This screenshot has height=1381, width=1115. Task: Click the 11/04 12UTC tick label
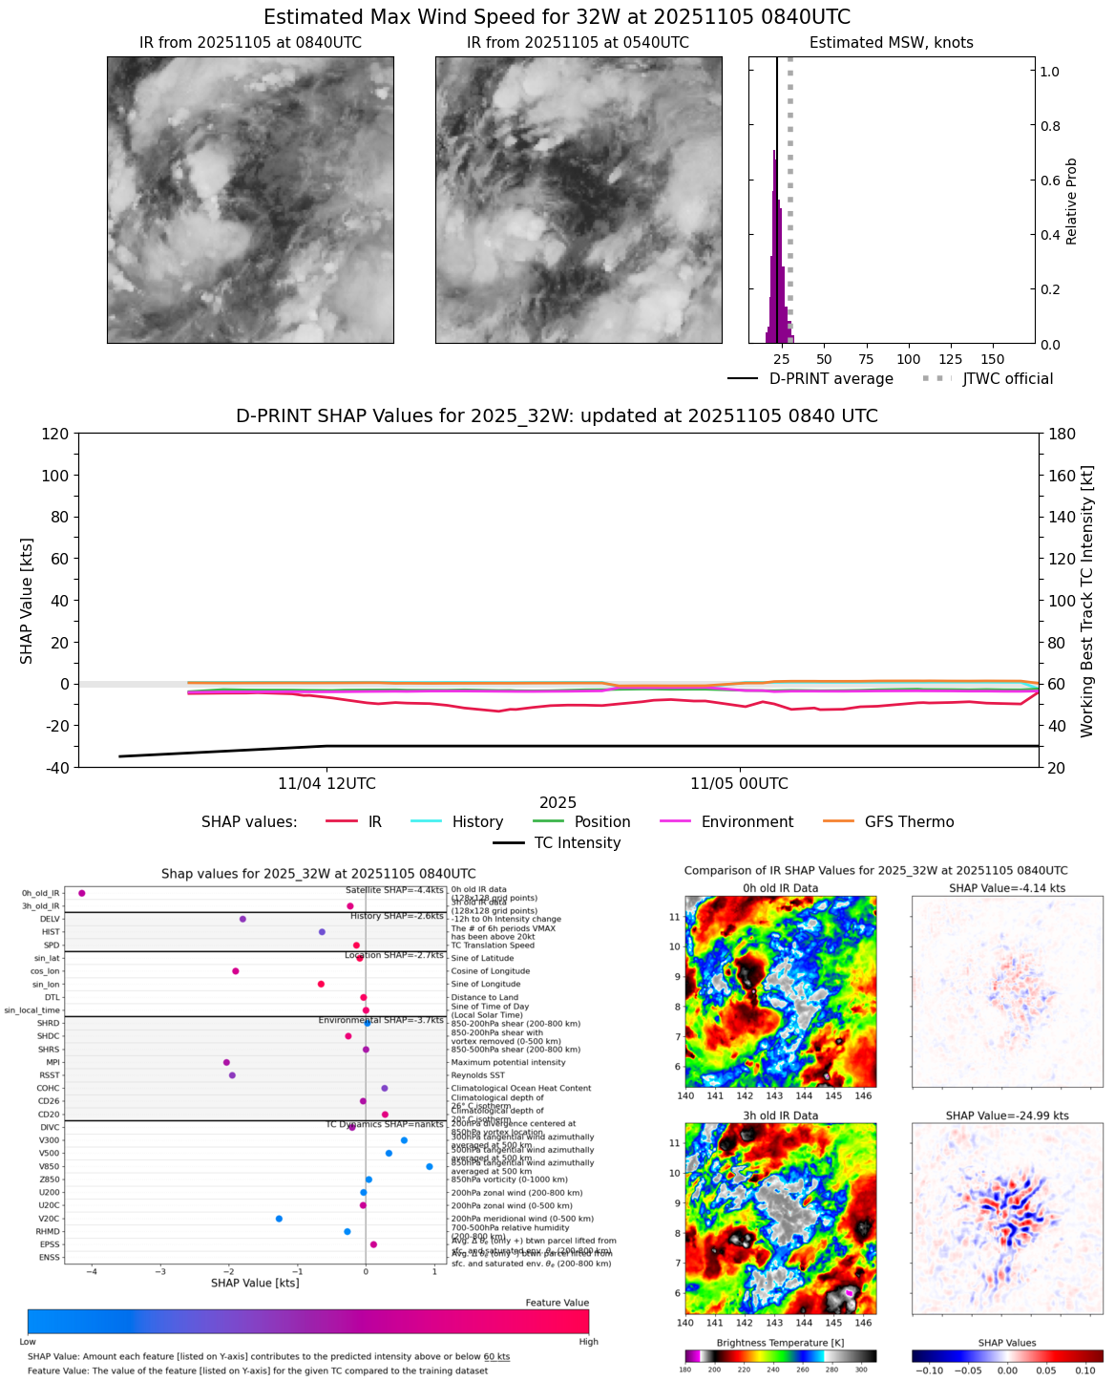point(326,784)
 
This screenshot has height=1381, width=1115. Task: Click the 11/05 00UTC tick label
point(739,784)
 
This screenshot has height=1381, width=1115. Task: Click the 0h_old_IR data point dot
point(82,893)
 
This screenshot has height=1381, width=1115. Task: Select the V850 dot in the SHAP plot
point(430,1166)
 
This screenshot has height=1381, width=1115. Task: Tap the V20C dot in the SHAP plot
point(279,1219)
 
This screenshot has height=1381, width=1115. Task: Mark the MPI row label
point(53,1062)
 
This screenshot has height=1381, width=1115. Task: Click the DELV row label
point(50,919)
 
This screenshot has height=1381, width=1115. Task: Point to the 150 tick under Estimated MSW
point(993,360)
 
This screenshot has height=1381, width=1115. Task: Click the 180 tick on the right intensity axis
point(1062,435)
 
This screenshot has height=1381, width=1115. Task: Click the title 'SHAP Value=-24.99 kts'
point(1006,1115)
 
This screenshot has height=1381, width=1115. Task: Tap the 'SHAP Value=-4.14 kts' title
point(1006,888)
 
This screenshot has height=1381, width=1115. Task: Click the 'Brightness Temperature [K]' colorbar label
point(780,1343)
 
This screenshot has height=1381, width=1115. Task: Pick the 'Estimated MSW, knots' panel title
point(891,43)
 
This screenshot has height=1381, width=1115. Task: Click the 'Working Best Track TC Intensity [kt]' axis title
point(1087,602)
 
